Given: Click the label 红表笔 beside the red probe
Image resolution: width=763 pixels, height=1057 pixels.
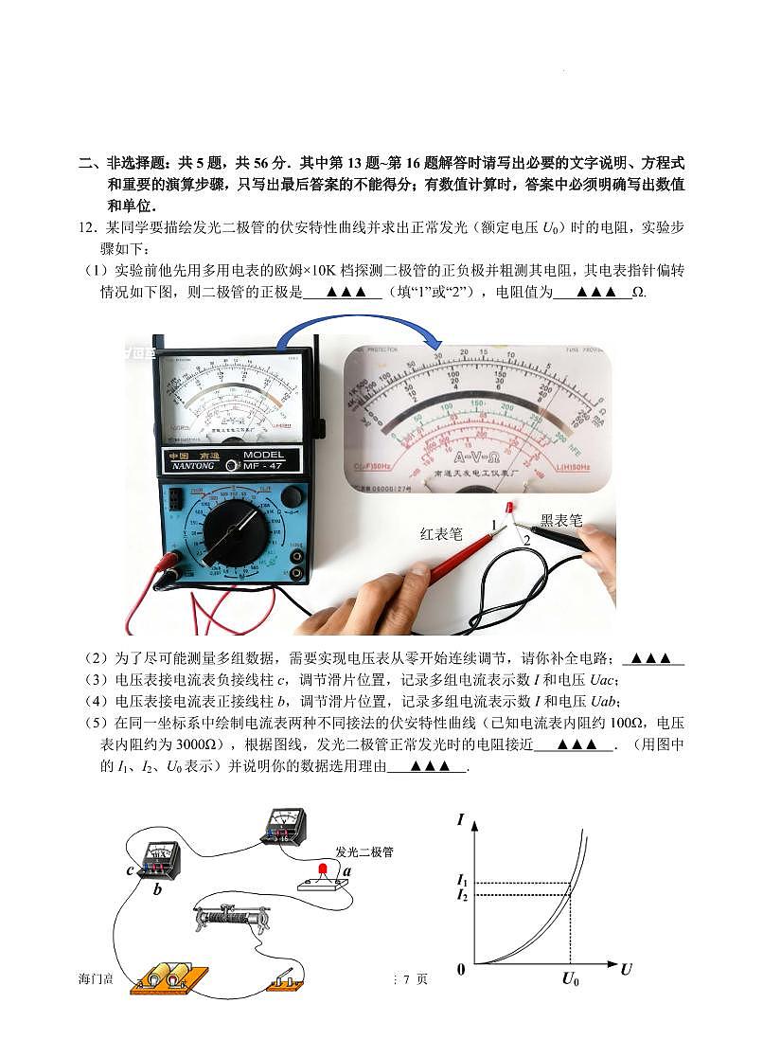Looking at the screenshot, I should pos(441,534).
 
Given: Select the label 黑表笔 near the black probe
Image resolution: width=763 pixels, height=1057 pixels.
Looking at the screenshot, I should pos(560,521).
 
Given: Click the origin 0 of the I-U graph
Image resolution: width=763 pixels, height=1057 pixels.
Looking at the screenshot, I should pos(461,969).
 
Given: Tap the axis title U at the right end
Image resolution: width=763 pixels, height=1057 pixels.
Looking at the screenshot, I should pos(626,969).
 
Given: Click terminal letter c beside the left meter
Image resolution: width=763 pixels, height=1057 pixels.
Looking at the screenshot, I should pos(129,870).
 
